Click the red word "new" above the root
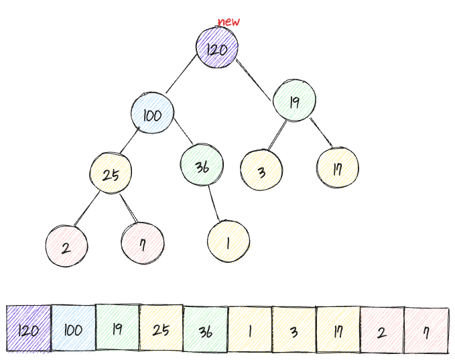point(229,22)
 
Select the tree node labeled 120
point(217,49)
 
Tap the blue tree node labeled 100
point(152,115)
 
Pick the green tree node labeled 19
point(294,101)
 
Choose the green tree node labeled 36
point(202,166)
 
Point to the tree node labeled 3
point(261,171)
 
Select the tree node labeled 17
point(338,168)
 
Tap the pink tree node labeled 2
point(66,247)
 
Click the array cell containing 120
point(29,328)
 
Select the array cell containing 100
point(73,328)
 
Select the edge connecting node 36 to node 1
point(214,202)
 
